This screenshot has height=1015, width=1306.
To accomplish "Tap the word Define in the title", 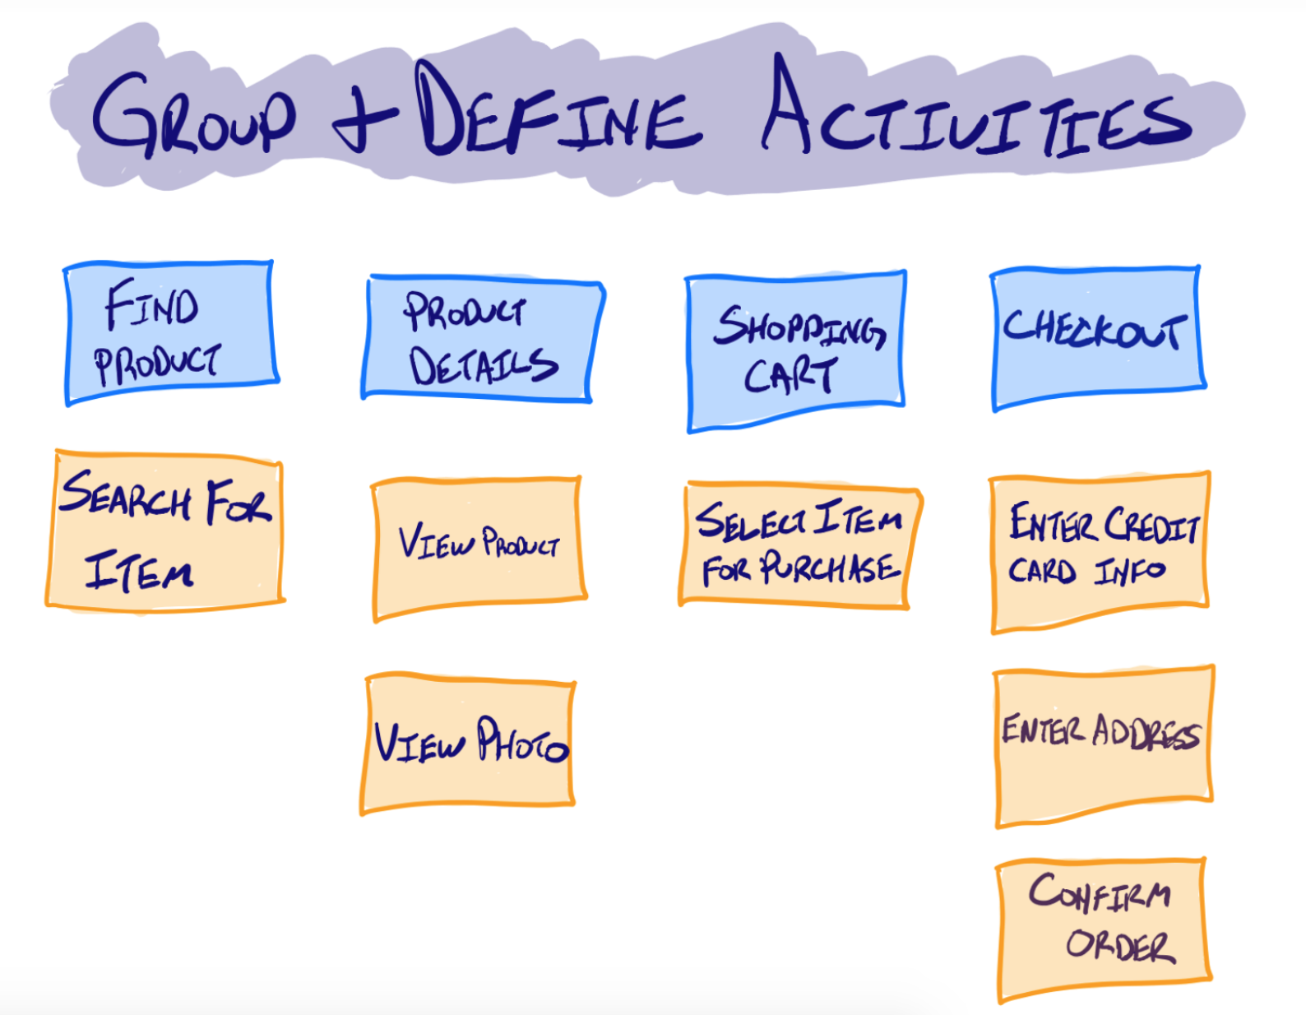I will tap(559, 115).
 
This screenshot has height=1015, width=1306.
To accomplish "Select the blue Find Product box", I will tap(170, 333).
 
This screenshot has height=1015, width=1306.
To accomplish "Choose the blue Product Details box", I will tap(483, 339).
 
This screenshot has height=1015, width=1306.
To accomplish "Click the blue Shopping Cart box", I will tap(796, 350).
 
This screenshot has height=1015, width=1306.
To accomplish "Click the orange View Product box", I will tap(478, 546).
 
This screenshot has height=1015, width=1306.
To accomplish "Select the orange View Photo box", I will tap(467, 743).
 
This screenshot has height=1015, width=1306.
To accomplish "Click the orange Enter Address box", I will tap(1103, 745).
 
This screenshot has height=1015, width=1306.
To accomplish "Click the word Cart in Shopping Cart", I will tap(790, 376).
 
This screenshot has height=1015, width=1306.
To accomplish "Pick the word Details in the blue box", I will tap(484, 366).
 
